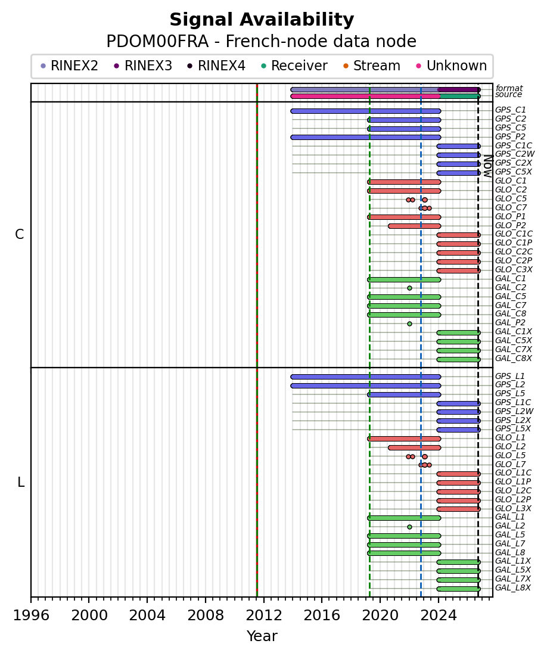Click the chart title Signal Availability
(262, 20)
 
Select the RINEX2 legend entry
(69, 66)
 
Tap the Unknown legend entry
(452, 66)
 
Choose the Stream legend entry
(372, 66)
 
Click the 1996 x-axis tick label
(31, 615)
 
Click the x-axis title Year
(262, 636)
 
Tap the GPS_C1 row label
(511, 110)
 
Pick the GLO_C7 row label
(511, 207)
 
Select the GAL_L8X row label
(512, 588)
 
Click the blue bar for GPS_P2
(366, 137)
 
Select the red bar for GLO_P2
(414, 226)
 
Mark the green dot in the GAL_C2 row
(410, 288)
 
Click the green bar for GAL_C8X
(459, 359)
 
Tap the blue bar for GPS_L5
(404, 394)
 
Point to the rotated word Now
(487, 166)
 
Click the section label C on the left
(19, 235)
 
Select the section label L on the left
(21, 483)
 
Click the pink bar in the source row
(365, 96)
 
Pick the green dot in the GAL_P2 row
(410, 324)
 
